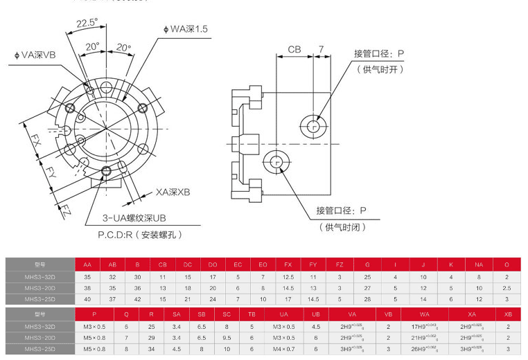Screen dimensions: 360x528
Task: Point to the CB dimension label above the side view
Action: (x=294, y=50)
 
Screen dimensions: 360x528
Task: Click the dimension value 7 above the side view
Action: (x=321, y=50)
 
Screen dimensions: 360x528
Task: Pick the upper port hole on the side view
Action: (x=313, y=126)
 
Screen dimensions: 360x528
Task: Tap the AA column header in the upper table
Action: (x=87, y=264)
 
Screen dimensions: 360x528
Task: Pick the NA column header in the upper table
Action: (x=479, y=264)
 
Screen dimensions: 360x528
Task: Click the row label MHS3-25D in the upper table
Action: (x=39, y=299)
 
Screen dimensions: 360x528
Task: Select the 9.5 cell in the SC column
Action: (x=227, y=337)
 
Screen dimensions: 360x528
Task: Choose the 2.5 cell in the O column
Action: (x=507, y=287)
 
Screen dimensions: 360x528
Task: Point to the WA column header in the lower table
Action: (x=424, y=314)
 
